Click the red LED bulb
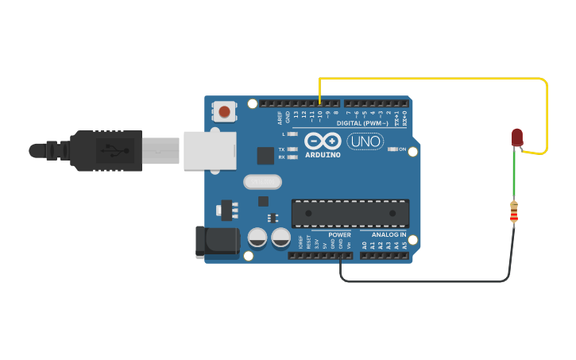tap(517, 137)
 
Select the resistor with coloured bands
tap(514, 212)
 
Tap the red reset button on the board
tap(225, 112)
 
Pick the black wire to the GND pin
tap(429, 281)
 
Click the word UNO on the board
tap(365, 141)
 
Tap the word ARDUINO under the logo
tap(323, 155)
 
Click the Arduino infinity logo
tap(323, 141)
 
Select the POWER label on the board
tap(339, 235)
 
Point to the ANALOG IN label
tap(389, 235)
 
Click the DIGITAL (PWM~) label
tap(362, 123)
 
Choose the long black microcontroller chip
tap(350, 213)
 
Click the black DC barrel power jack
tap(218, 242)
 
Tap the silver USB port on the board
tap(210, 150)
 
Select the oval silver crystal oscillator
tap(262, 182)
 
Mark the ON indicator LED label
tap(402, 149)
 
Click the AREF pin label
tap(280, 118)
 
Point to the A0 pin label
tap(365, 246)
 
